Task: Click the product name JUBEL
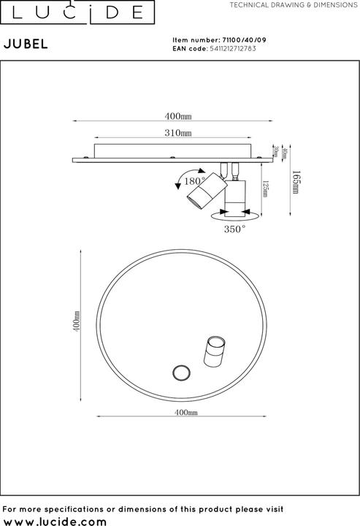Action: click(x=27, y=43)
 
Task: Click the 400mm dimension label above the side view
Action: click(x=178, y=116)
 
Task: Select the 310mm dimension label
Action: click(x=178, y=134)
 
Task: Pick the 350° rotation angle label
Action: click(x=234, y=229)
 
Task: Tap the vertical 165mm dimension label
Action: click(x=295, y=180)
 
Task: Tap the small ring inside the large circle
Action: click(x=180, y=373)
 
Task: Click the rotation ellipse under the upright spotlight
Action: click(x=234, y=216)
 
